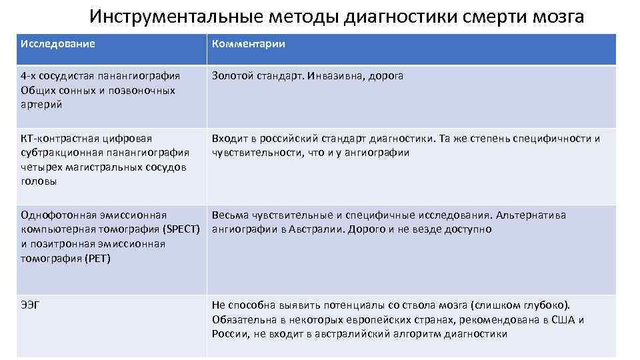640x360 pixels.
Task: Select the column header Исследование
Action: tap(58, 44)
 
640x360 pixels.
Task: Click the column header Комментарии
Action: tap(249, 44)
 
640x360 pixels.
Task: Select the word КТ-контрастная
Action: tap(59, 139)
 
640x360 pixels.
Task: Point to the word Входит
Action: tap(230, 139)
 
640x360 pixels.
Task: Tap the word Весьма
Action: tap(231, 215)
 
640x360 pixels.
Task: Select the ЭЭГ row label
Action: tap(31, 305)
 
